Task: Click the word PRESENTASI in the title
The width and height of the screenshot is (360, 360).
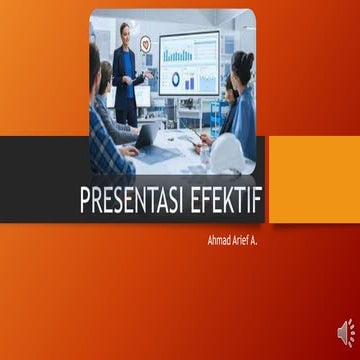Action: click(x=131, y=201)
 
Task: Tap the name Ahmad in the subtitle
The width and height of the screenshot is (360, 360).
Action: click(x=219, y=241)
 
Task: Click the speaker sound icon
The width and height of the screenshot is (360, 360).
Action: click(x=343, y=331)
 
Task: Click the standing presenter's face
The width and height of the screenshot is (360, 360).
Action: click(x=126, y=33)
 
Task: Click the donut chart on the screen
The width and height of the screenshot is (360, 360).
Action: click(x=176, y=79)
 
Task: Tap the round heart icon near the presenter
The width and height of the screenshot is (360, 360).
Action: click(x=146, y=44)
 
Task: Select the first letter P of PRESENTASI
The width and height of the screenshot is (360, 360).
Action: click(x=86, y=201)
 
